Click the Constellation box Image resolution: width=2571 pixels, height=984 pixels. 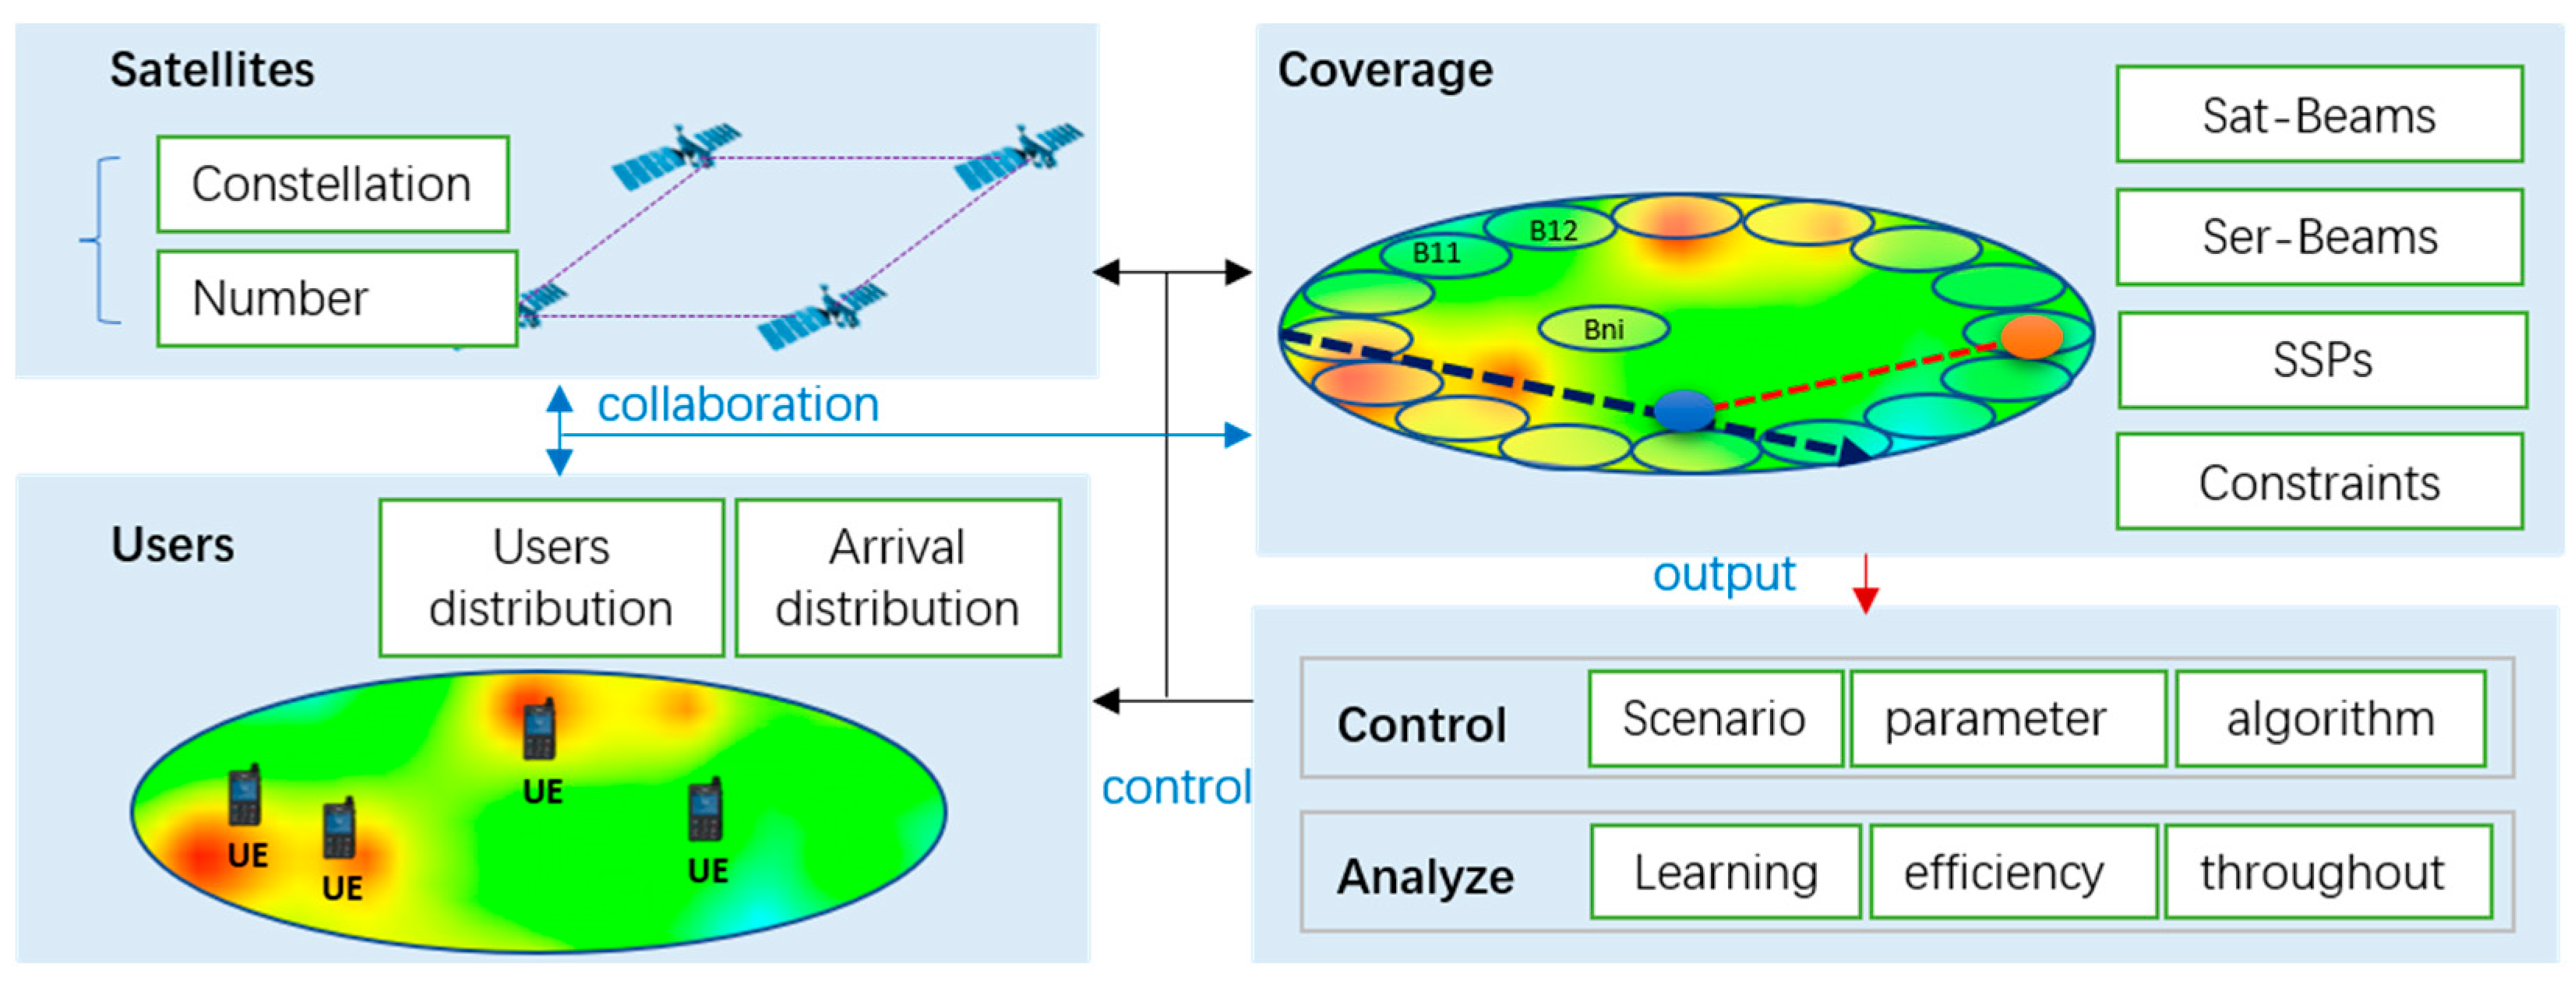point(333,185)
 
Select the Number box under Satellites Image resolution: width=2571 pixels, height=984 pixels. point(337,298)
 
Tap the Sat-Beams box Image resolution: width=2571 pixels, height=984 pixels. point(2319,115)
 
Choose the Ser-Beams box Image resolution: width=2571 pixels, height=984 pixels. point(2319,238)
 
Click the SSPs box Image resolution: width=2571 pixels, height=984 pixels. point(2322,360)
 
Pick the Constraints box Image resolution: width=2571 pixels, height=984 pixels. point(2319,482)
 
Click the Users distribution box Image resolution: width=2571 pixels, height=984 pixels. point(551,578)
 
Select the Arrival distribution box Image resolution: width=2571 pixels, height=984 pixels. point(898,578)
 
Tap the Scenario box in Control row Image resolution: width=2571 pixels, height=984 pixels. point(1714,718)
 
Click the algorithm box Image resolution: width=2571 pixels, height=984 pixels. point(2329,718)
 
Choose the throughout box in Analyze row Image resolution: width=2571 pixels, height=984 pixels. point(2326,873)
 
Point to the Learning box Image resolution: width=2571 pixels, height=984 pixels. point(1725,873)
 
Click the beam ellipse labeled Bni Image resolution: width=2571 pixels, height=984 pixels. point(1603,328)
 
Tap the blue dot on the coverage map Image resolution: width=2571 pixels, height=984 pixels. point(1684,410)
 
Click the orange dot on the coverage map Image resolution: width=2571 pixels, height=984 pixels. point(2031,337)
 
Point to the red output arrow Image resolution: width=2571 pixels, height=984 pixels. point(1865,585)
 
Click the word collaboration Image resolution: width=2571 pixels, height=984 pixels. point(738,405)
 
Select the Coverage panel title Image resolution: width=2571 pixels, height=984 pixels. point(1384,71)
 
